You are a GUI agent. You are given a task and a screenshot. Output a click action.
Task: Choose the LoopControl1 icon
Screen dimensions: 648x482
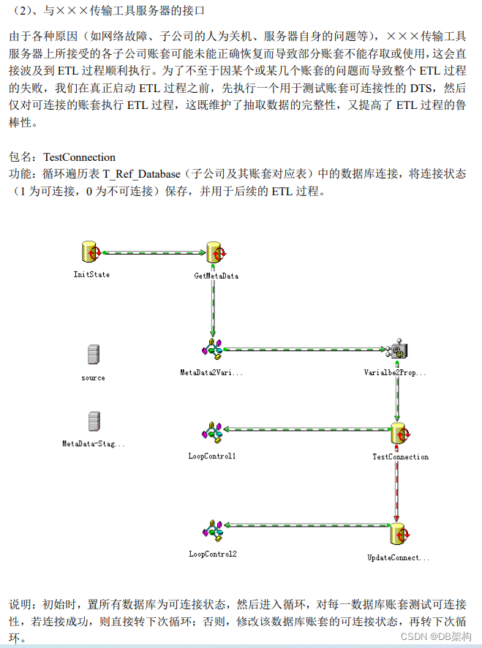[212, 433]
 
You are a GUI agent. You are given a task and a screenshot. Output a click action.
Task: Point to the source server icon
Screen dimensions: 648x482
[93, 355]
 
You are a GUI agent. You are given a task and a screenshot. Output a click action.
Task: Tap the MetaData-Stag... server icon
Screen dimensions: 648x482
[93, 421]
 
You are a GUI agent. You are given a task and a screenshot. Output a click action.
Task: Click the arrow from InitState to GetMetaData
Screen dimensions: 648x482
[154, 253]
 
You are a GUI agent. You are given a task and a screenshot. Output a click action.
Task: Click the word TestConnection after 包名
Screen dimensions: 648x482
[79, 157]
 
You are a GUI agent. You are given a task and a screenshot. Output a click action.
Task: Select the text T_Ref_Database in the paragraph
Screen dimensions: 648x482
[143, 175]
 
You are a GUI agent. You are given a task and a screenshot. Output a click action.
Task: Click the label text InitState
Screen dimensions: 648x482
[91, 275]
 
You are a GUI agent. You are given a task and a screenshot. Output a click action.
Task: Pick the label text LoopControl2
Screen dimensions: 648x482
[212, 554]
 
